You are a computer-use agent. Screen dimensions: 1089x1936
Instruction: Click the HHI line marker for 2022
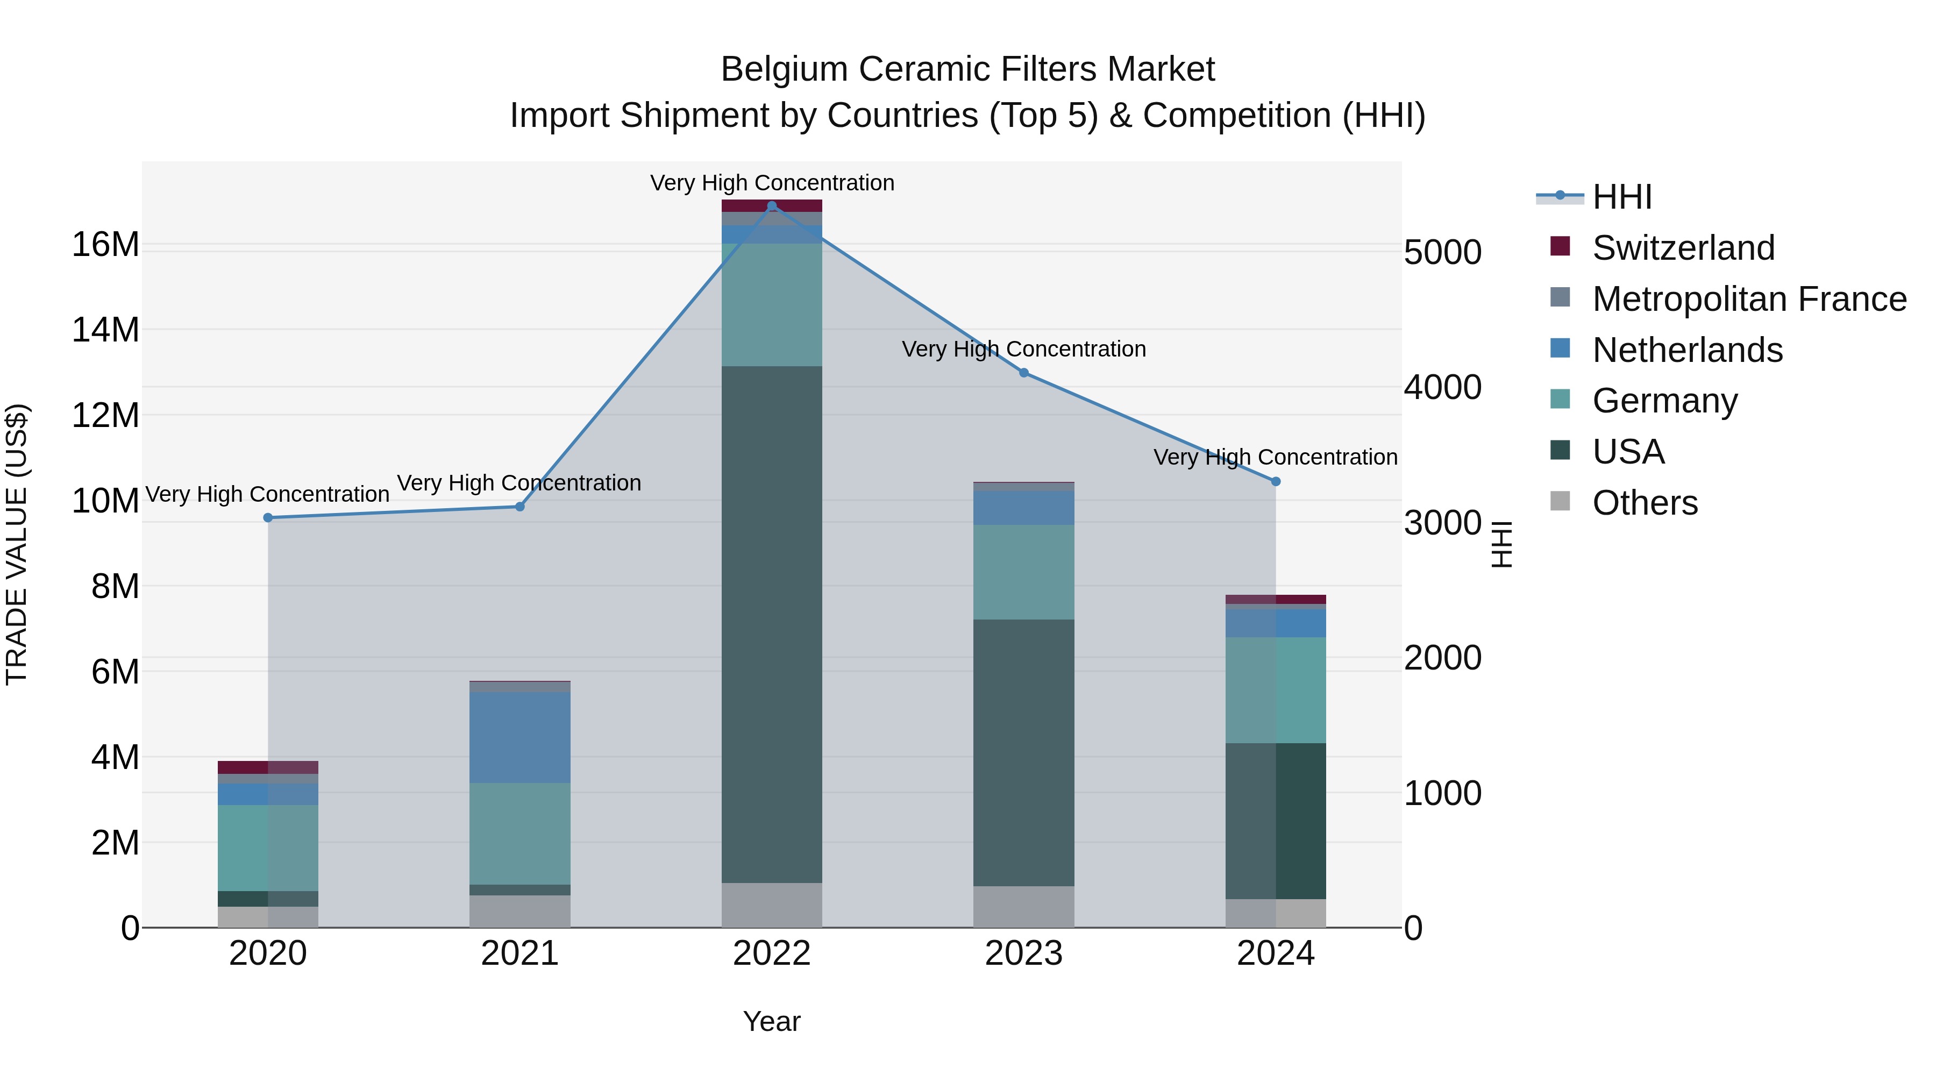[x=771, y=205]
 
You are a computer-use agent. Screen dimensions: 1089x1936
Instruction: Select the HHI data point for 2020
[x=268, y=518]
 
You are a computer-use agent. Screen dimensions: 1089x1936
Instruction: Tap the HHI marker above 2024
[x=1276, y=482]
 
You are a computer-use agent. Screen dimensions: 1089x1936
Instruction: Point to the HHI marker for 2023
[x=1023, y=373]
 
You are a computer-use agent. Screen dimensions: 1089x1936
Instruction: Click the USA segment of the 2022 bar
[x=771, y=624]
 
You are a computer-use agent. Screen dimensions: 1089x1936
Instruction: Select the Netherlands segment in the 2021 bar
[x=519, y=737]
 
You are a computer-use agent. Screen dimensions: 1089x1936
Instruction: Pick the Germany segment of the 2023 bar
[x=1023, y=572]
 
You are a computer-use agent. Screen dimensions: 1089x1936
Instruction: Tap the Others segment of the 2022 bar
[x=771, y=905]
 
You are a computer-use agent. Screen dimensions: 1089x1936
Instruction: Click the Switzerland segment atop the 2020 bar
[x=268, y=767]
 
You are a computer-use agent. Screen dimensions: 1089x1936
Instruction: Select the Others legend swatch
[x=1560, y=501]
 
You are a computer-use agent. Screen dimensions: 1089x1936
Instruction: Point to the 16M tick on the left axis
[x=105, y=245]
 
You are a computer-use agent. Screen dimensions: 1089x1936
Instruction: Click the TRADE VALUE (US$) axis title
[x=17, y=544]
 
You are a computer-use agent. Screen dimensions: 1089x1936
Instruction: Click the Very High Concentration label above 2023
[x=1023, y=350]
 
